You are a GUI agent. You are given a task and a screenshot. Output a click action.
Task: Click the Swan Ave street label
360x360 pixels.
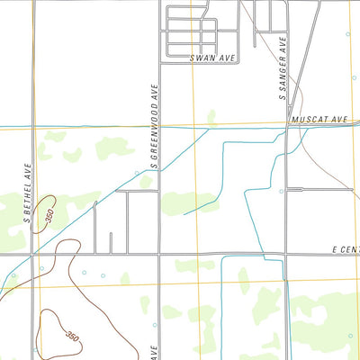(212, 58)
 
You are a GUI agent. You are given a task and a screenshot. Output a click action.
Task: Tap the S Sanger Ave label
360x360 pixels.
(282, 68)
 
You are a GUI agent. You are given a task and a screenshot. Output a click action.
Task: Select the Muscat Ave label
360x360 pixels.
(319, 118)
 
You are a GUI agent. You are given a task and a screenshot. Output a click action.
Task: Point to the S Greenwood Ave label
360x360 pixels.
(155, 127)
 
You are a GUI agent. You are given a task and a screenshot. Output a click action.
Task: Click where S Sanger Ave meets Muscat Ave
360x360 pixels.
(287, 124)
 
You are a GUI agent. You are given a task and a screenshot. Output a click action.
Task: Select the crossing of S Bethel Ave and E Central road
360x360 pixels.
(33, 255)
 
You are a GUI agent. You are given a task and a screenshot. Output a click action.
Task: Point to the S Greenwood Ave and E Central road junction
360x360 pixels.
(160, 255)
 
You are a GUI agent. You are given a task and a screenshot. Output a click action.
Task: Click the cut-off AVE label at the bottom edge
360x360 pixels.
(155, 352)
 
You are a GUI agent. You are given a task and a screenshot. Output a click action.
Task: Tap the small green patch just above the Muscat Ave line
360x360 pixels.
(211, 116)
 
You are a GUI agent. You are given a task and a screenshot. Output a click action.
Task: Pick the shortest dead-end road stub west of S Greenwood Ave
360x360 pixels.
(111, 243)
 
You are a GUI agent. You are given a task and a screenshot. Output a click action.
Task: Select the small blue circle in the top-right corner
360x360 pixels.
(348, 34)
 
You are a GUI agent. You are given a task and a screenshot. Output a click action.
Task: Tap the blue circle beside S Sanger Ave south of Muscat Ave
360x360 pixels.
(281, 191)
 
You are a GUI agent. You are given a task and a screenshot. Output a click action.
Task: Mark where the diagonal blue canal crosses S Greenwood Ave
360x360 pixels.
(160, 155)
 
